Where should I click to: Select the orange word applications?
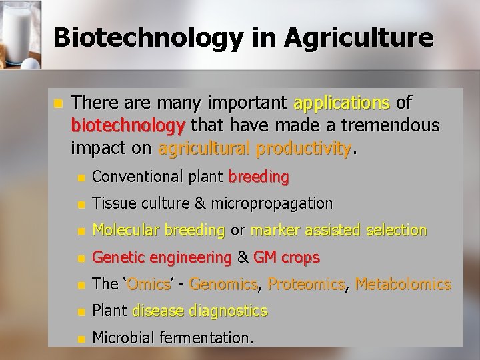click(342, 103)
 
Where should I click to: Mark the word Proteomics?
click(307, 285)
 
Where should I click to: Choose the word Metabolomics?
click(403, 285)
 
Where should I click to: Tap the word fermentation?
click(202, 338)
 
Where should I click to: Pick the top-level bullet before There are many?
click(58, 104)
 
